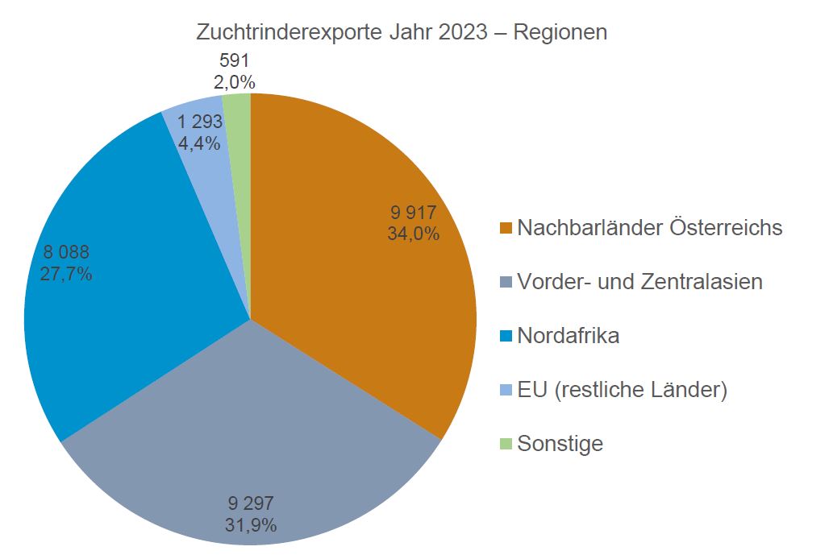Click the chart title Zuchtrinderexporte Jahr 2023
[402, 33]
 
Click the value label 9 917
[414, 213]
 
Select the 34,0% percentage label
[414, 234]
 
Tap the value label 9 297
[251, 504]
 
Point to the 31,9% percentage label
[251, 525]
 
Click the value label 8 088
[65, 252]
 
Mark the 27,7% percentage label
[65, 274]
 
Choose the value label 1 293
[200, 122]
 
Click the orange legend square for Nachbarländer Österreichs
[506, 229]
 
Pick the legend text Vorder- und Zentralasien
[639, 282]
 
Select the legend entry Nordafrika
[568, 336]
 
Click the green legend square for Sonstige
[506, 444]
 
